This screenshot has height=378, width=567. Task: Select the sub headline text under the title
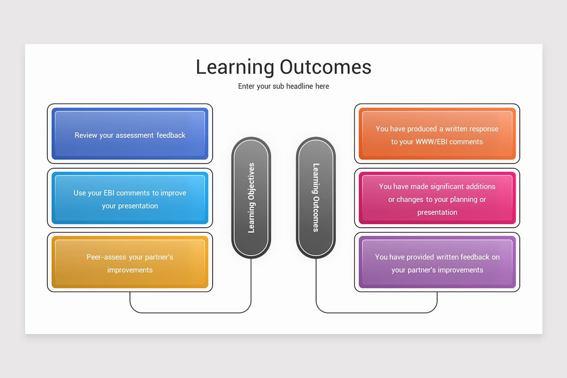(283, 86)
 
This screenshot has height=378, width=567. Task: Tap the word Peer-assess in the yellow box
(106, 257)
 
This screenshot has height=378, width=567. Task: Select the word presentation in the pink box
(437, 212)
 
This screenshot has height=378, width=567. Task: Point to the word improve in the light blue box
(173, 193)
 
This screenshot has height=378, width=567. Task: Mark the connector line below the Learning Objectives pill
(251, 288)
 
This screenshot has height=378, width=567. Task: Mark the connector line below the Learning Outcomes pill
(316, 288)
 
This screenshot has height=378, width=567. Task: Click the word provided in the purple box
(421, 257)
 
